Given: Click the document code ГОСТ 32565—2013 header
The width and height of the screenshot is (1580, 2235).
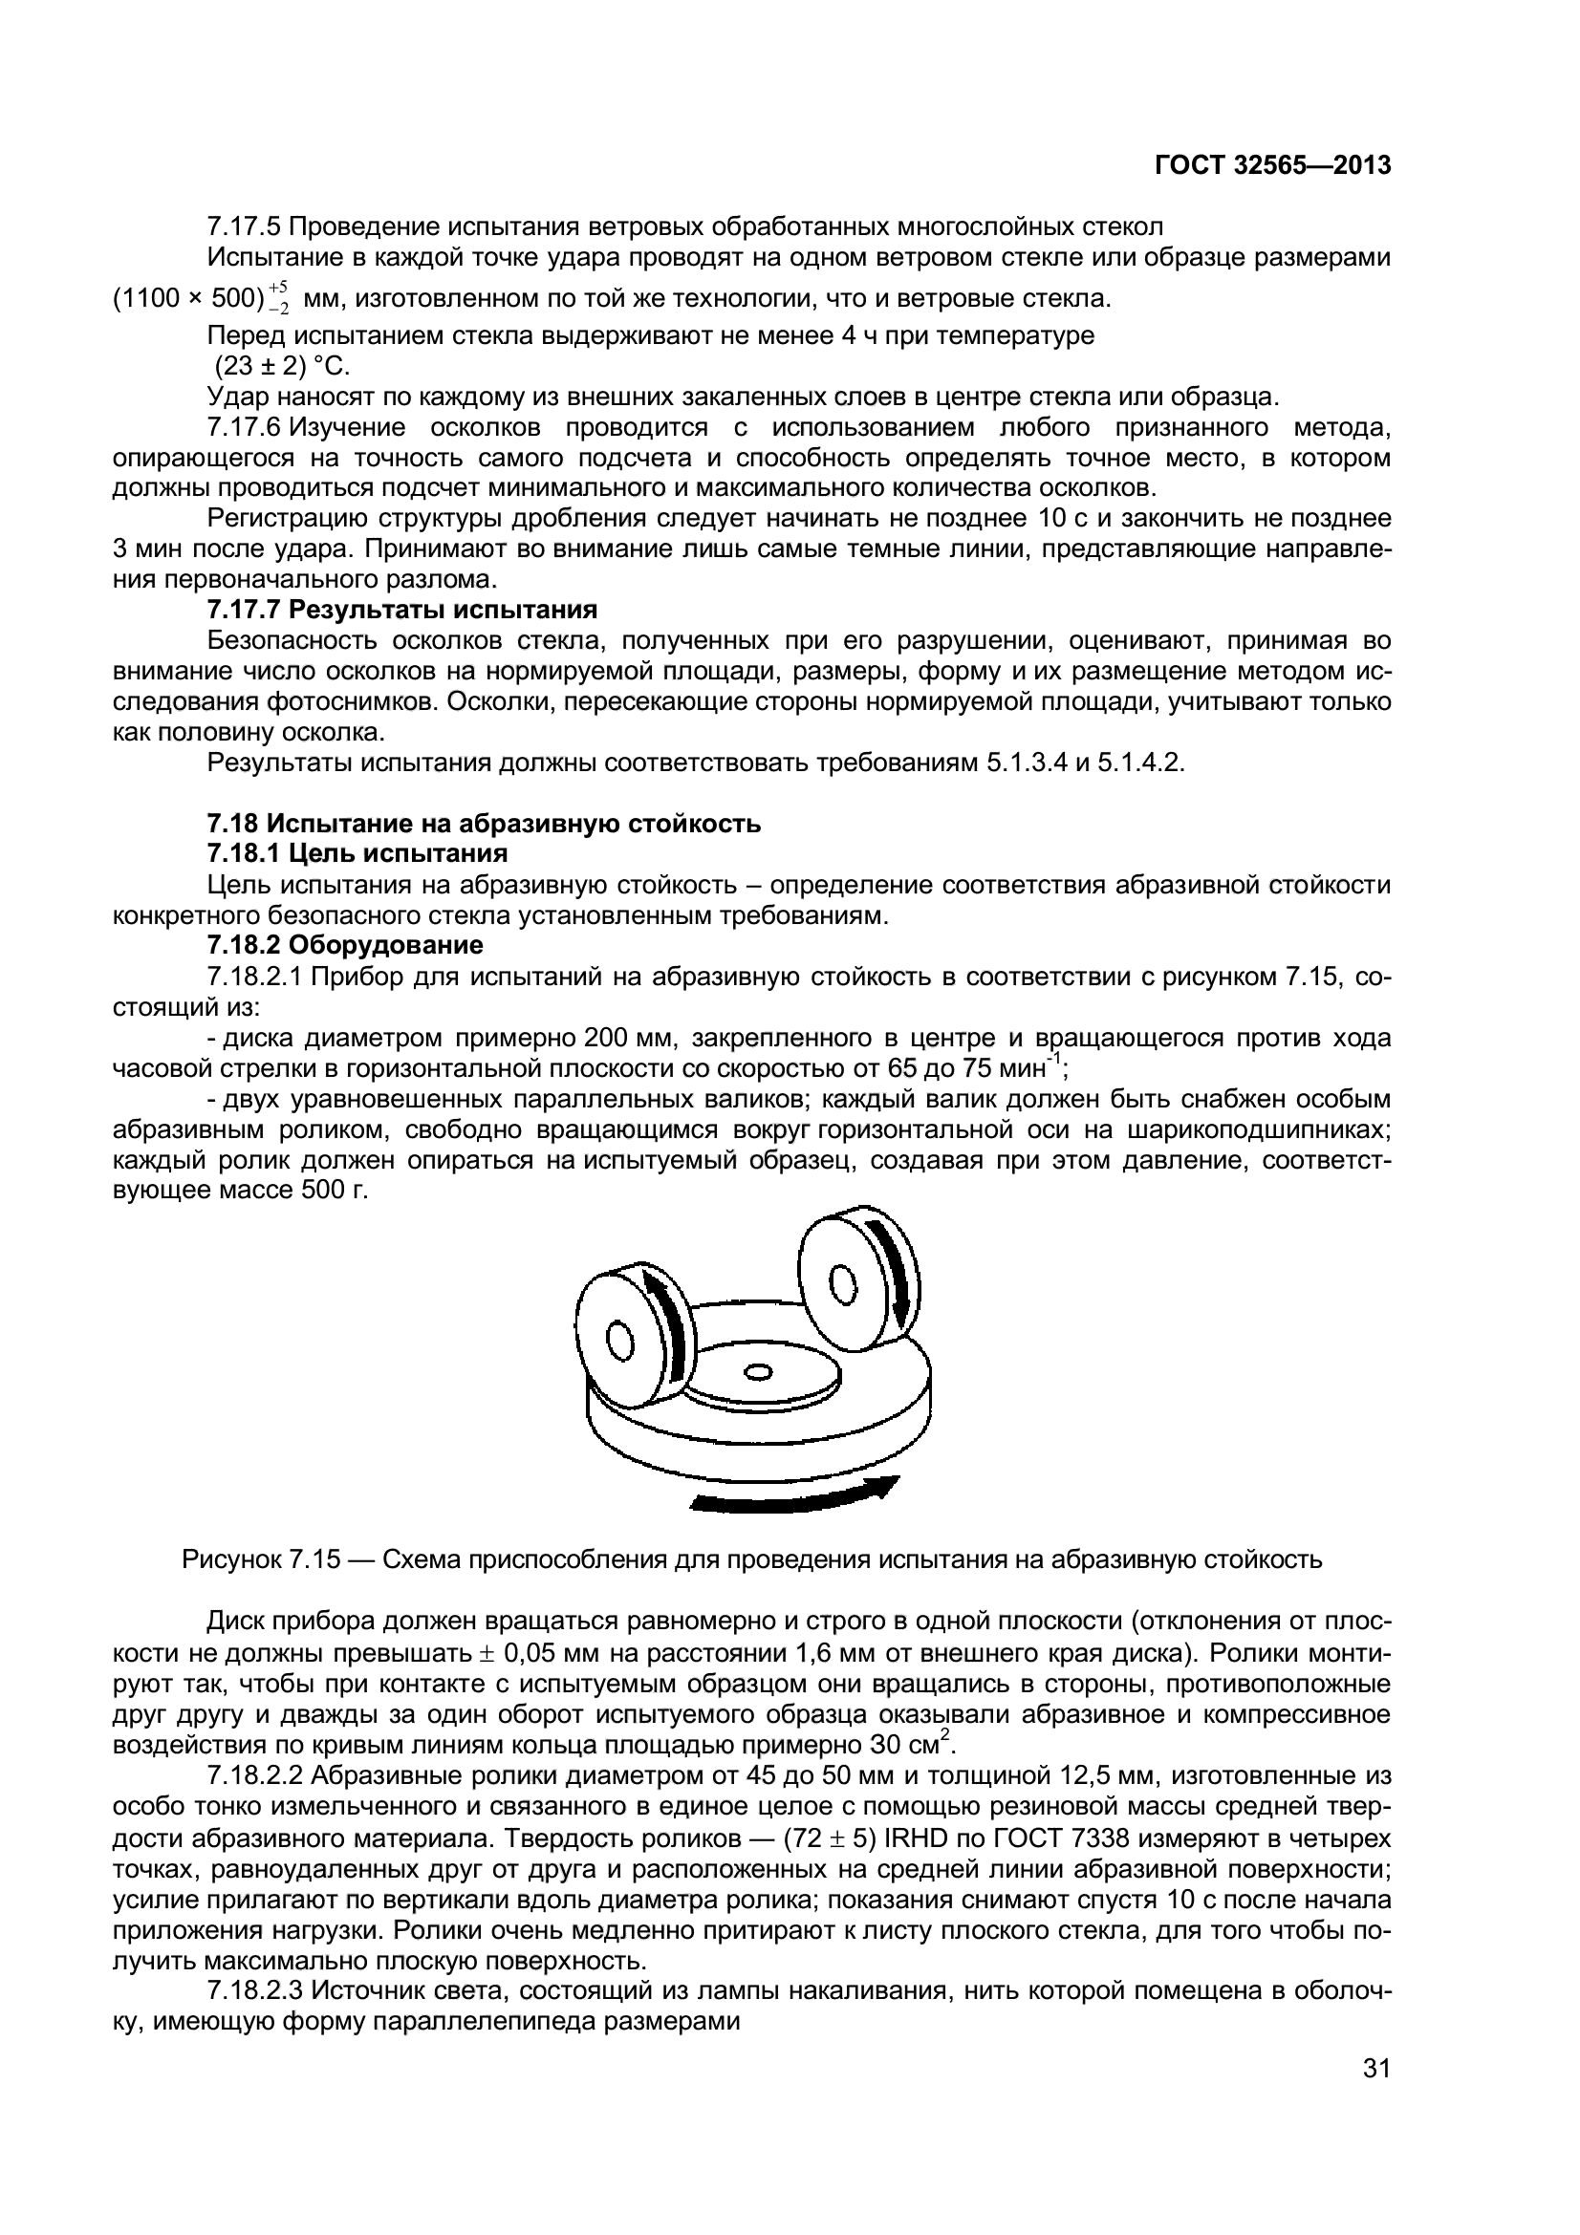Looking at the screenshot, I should [1271, 165].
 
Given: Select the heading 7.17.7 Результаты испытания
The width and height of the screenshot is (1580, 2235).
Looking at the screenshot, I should [402, 611].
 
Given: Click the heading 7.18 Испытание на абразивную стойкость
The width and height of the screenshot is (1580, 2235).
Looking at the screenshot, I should [484, 824].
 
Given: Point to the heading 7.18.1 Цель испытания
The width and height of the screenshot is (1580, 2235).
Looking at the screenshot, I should [357, 853].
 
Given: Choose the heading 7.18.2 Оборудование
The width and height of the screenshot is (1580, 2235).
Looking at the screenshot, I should [345, 945].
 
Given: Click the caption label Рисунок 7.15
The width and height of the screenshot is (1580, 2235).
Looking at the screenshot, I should [261, 1560].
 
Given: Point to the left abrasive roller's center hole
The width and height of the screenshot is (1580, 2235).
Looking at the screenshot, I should [620, 1342].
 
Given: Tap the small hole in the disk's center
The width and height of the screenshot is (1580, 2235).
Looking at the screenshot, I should [756, 1373].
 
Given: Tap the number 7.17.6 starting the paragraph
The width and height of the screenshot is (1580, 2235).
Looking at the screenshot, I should [244, 427].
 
